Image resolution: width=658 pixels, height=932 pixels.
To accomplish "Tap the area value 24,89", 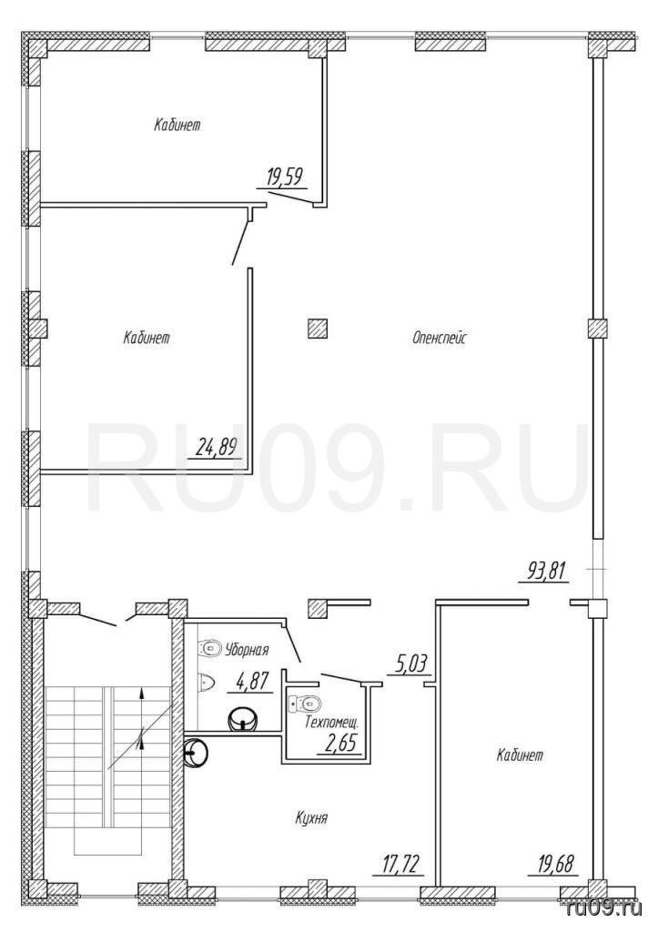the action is [217, 447].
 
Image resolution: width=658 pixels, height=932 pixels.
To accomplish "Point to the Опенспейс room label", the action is [440, 339].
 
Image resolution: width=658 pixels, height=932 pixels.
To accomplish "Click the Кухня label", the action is [311, 818].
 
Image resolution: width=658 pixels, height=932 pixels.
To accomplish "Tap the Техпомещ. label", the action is [331, 724].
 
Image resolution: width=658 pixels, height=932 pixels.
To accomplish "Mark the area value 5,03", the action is [410, 664].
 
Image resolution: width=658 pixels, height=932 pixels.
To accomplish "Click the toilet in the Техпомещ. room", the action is [304, 704].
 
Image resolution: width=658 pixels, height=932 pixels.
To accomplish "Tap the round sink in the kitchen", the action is [196, 753].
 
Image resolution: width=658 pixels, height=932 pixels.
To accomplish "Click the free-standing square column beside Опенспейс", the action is [318, 328].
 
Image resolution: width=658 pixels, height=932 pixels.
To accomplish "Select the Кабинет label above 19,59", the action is [177, 126].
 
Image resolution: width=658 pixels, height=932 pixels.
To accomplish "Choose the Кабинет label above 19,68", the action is [520, 756].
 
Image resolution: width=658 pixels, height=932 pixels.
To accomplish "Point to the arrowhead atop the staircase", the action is [141, 692].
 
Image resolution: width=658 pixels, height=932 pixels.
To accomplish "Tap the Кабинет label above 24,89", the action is [147, 339].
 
